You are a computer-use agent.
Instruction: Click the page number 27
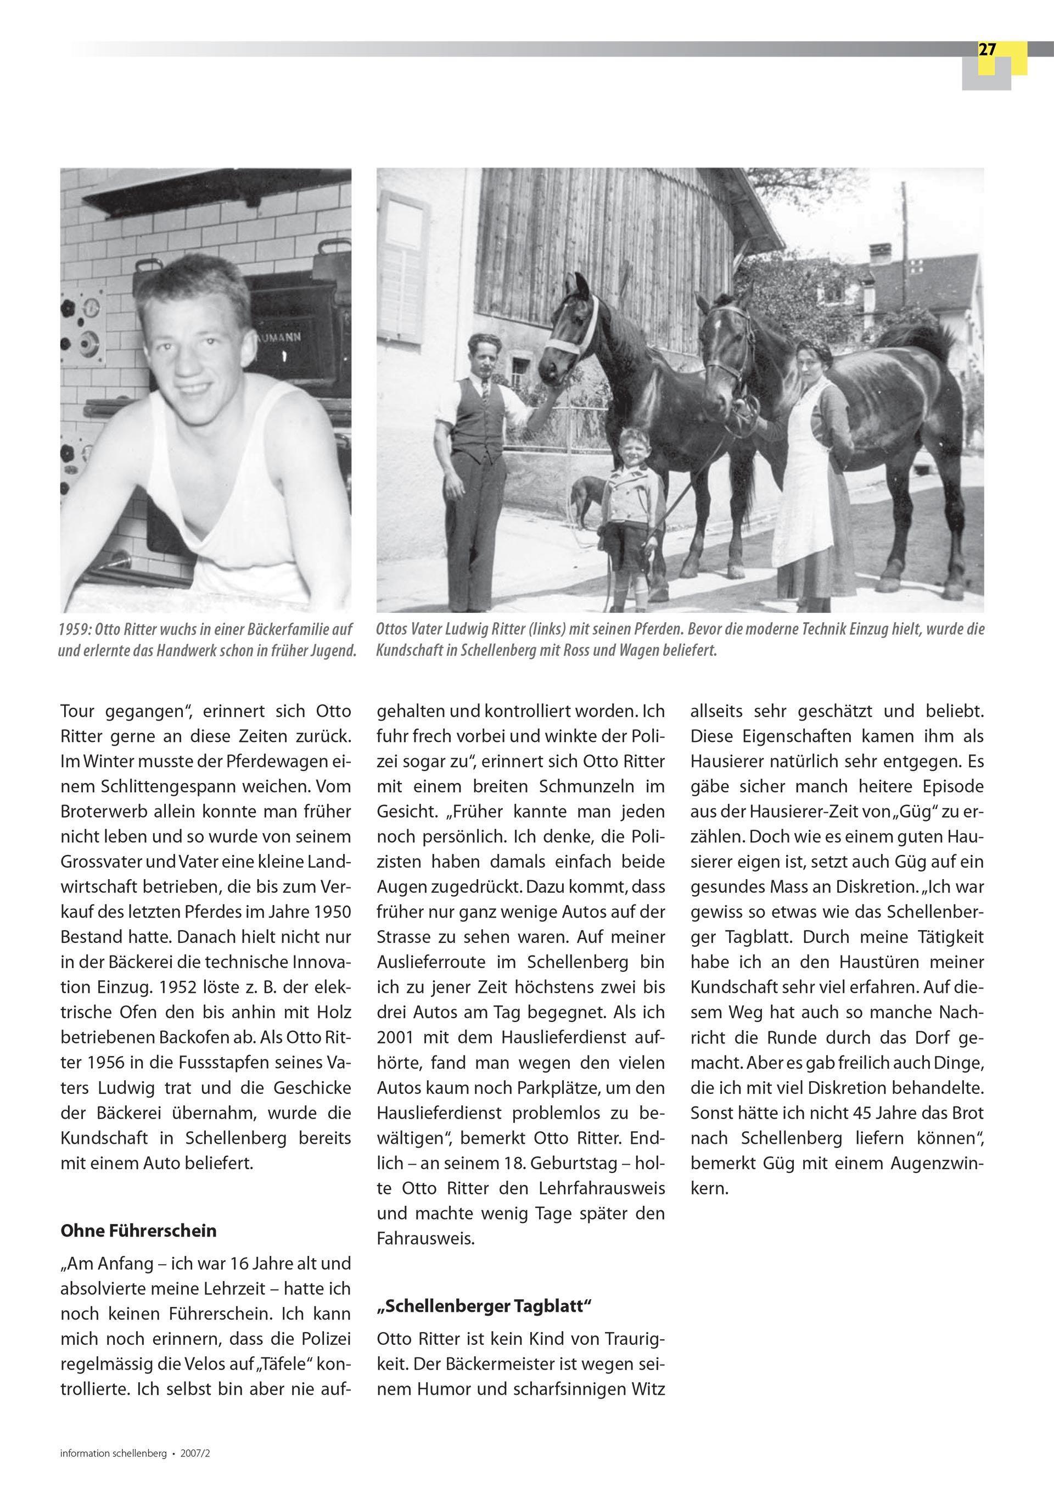coord(986,50)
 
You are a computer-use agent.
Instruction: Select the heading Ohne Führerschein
coord(138,1231)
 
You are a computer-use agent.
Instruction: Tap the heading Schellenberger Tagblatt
coord(484,1306)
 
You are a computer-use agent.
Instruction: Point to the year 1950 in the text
coord(332,912)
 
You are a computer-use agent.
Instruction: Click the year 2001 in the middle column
coord(395,1038)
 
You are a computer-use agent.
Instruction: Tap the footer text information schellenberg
coord(113,1454)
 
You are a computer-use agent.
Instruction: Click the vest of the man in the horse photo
coord(480,416)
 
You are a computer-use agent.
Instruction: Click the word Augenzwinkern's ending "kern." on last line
coord(710,1188)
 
